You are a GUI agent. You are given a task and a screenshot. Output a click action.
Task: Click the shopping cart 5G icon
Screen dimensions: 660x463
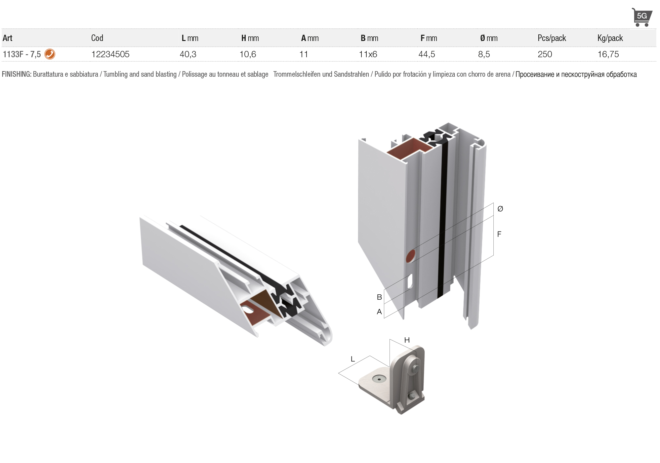pyautogui.click(x=642, y=17)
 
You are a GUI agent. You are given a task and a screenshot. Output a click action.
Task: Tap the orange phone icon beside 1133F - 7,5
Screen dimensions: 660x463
pyautogui.click(x=50, y=54)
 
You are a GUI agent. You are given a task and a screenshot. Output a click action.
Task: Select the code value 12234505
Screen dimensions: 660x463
pyautogui.click(x=110, y=54)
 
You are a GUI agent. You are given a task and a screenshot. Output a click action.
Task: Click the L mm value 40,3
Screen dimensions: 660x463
pyautogui.click(x=188, y=54)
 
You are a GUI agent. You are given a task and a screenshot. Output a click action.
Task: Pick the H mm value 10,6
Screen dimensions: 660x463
pyautogui.click(x=248, y=54)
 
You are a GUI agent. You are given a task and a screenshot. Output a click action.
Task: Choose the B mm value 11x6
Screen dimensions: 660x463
pyautogui.click(x=368, y=54)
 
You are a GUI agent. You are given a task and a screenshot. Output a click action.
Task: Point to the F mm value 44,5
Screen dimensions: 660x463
pyautogui.click(x=427, y=54)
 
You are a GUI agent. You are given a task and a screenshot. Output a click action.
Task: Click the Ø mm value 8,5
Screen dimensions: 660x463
pyautogui.click(x=484, y=54)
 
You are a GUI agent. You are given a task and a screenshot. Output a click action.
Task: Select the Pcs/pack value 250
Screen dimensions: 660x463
pyautogui.click(x=545, y=54)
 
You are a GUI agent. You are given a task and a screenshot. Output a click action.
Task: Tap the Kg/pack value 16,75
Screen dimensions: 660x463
pyautogui.click(x=608, y=54)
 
